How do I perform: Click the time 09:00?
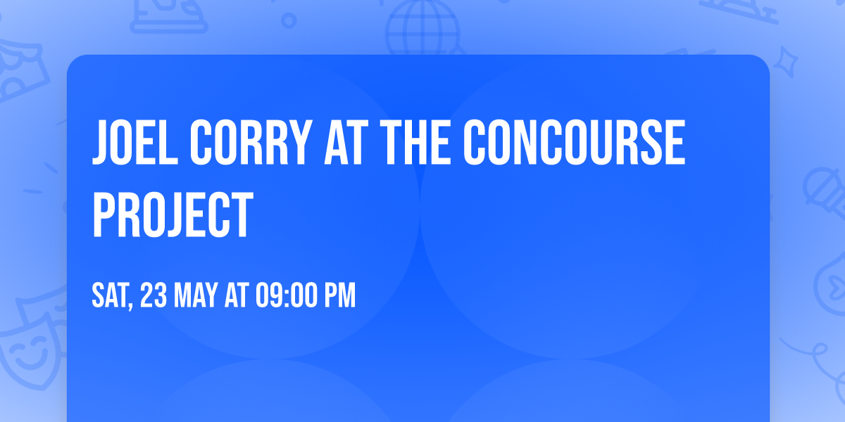(x=284, y=296)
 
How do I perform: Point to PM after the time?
(x=339, y=296)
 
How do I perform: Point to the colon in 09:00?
(x=284, y=296)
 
